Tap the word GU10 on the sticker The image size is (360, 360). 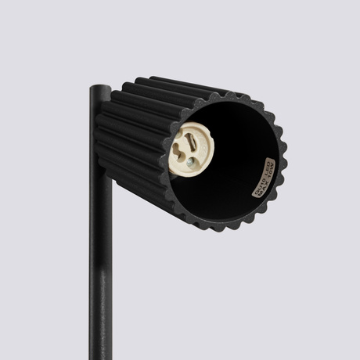[254, 187]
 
